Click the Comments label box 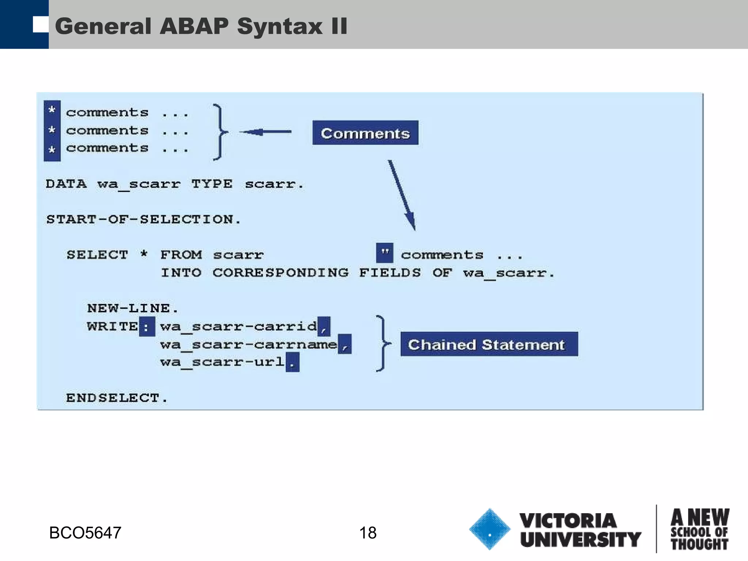pos(365,133)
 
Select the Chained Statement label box pos(489,344)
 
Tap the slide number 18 pos(367,533)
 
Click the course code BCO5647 pos(85,533)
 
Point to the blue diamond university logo pos(489,529)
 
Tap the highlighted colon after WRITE pos(146,327)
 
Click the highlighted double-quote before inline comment pos(385,253)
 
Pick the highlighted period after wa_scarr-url pos(292,362)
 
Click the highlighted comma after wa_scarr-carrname pos(344,344)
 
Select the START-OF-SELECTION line pos(143,219)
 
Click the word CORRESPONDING pos(280,272)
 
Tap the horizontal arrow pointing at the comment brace pos(265,132)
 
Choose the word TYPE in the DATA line pos(212,184)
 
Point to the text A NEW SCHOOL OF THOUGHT pos(699,529)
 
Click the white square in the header pos(40,24)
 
